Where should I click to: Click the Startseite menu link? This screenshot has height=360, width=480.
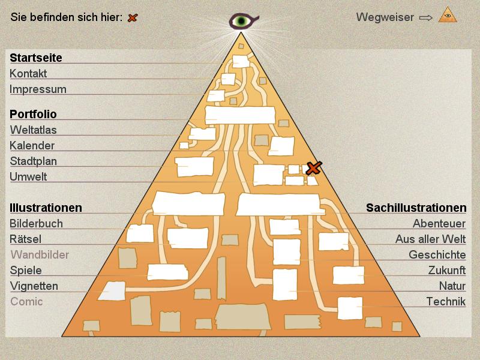[x=36, y=58]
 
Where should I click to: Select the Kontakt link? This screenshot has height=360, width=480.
[x=28, y=74]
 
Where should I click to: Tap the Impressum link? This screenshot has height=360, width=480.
[x=38, y=89]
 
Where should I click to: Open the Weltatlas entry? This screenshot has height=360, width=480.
[x=34, y=130]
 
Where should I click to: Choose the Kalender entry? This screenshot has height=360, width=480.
[x=32, y=145]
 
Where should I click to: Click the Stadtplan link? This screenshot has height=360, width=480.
[x=34, y=161]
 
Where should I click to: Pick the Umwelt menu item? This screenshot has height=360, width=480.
[x=28, y=176]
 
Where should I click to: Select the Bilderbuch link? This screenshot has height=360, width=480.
[x=36, y=224]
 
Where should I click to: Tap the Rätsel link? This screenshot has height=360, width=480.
[x=25, y=239]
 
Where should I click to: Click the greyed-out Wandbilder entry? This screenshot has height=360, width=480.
[x=40, y=255]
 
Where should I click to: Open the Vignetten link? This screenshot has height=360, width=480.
[x=34, y=286]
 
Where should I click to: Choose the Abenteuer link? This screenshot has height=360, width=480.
[x=439, y=224]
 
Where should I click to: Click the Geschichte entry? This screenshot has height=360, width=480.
[x=437, y=255]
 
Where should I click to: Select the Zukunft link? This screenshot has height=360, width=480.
[x=447, y=271]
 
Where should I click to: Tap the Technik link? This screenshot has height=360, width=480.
[x=446, y=302]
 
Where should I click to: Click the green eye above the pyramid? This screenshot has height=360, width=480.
[x=242, y=22]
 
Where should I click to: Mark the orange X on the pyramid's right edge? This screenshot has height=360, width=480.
[x=313, y=168]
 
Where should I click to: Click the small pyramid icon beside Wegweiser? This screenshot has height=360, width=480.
[x=448, y=15]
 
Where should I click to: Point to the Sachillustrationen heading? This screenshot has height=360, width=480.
[x=416, y=208]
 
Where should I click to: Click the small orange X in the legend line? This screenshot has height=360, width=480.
[x=133, y=17]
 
